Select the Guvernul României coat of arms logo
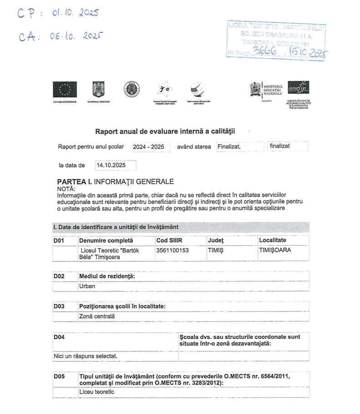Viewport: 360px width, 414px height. (98, 90)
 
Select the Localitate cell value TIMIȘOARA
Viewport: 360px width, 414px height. (275, 250)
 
